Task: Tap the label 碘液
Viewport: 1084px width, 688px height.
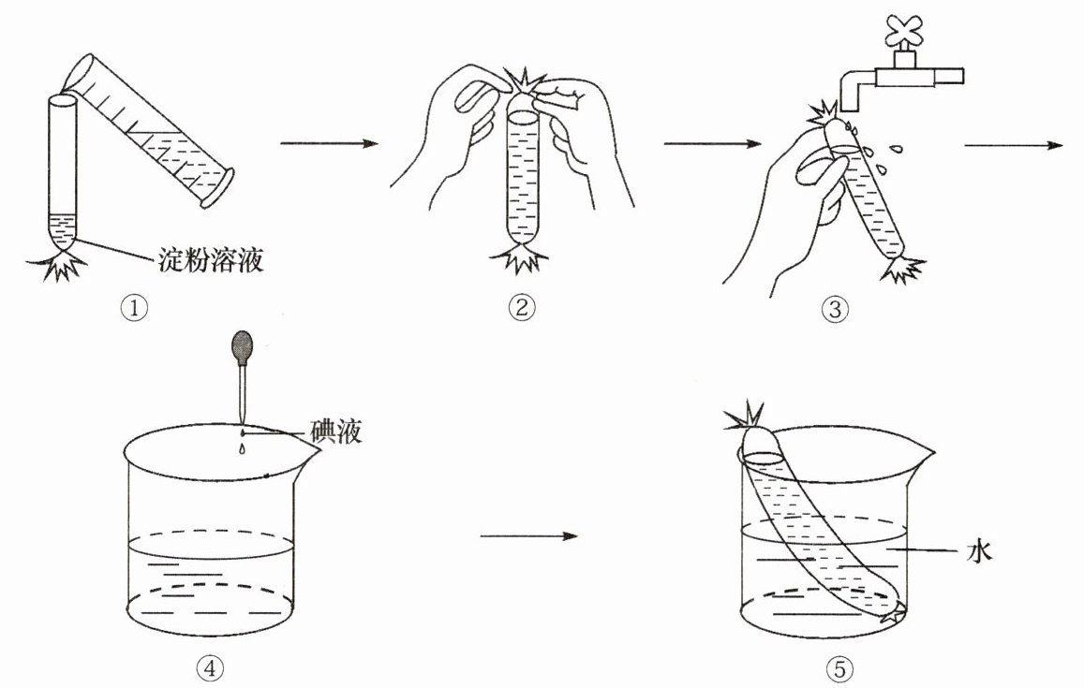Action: tap(334, 432)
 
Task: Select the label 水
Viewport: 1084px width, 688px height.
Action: tap(978, 553)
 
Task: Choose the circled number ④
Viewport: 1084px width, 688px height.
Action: tap(209, 667)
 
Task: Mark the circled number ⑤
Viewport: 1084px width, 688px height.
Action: tap(839, 667)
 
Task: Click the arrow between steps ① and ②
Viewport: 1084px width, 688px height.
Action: tap(328, 144)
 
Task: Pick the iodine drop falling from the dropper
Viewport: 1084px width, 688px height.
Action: tap(242, 449)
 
